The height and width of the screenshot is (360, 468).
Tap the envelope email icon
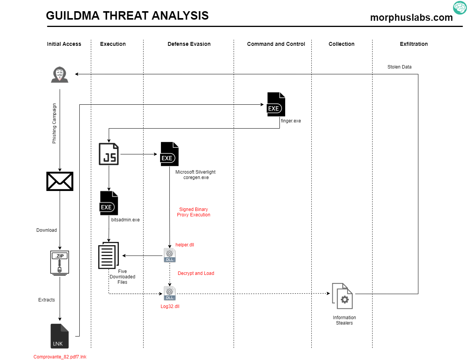[x=60, y=181]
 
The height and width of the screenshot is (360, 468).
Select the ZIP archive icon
[x=60, y=263]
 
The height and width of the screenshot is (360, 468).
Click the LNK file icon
[x=60, y=336]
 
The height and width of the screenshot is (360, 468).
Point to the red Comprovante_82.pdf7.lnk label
[x=60, y=357]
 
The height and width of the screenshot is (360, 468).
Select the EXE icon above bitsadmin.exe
[x=109, y=203]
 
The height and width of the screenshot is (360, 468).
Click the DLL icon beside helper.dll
[x=170, y=255]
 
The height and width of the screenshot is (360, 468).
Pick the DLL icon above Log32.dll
[x=170, y=293]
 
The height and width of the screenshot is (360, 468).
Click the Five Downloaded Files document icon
[x=109, y=255]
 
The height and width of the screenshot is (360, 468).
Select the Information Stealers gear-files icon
[x=342, y=296]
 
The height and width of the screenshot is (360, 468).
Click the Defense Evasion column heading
[x=189, y=44]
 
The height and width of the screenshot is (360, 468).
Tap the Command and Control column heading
[x=276, y=44]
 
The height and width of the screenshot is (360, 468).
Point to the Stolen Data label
[x=399, y=67]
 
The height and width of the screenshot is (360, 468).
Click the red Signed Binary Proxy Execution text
[x=194, y=212]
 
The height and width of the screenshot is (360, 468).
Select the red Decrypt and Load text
[x=196, y=273]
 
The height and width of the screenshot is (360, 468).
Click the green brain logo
[x=460, y=8]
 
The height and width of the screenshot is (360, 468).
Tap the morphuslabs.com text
[x=411, y=18]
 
